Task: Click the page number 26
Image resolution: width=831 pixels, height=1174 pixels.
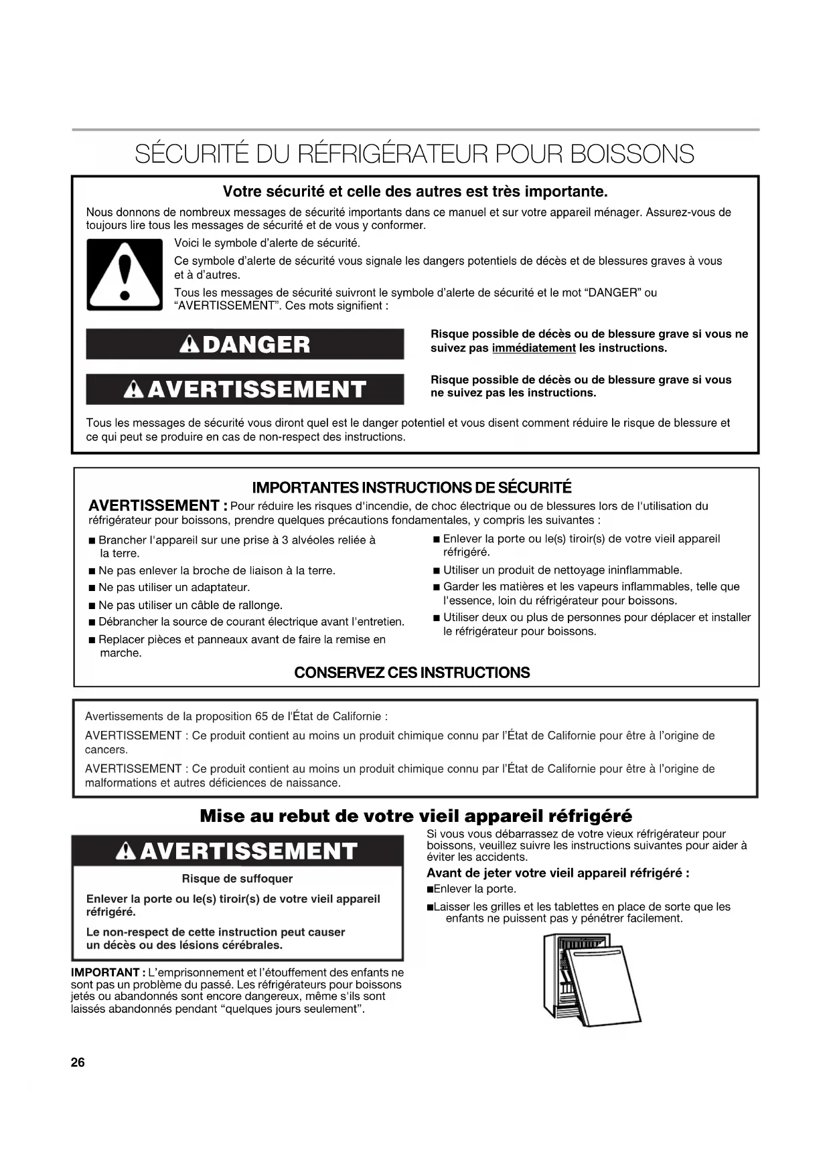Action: [78, 1062]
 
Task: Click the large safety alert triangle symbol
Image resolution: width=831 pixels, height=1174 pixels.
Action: [125, 274]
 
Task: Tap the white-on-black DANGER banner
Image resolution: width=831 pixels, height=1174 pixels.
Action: [245, 344]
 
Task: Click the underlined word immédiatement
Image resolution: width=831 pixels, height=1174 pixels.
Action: [534, 348]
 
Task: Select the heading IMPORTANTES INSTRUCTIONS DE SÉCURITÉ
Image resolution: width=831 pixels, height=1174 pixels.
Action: [411, 487]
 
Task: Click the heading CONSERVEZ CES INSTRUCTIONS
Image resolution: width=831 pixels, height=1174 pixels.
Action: [412, 673]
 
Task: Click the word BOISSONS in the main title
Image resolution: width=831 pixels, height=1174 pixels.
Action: [632, 155]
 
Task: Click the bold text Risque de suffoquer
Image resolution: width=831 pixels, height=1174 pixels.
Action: [237, 879]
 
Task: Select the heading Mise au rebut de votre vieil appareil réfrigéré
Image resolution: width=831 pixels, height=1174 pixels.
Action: [415, 816]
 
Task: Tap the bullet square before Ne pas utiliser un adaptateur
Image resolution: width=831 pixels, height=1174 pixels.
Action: [92, 588]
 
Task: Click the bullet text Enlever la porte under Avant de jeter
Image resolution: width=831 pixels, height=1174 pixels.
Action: [474, 889]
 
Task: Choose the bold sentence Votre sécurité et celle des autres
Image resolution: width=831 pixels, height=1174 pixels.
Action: [414, 192]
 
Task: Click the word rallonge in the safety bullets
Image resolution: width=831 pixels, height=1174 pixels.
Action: [260, 605]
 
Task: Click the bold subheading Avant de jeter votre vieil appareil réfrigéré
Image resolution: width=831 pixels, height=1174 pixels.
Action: [558, 873]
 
